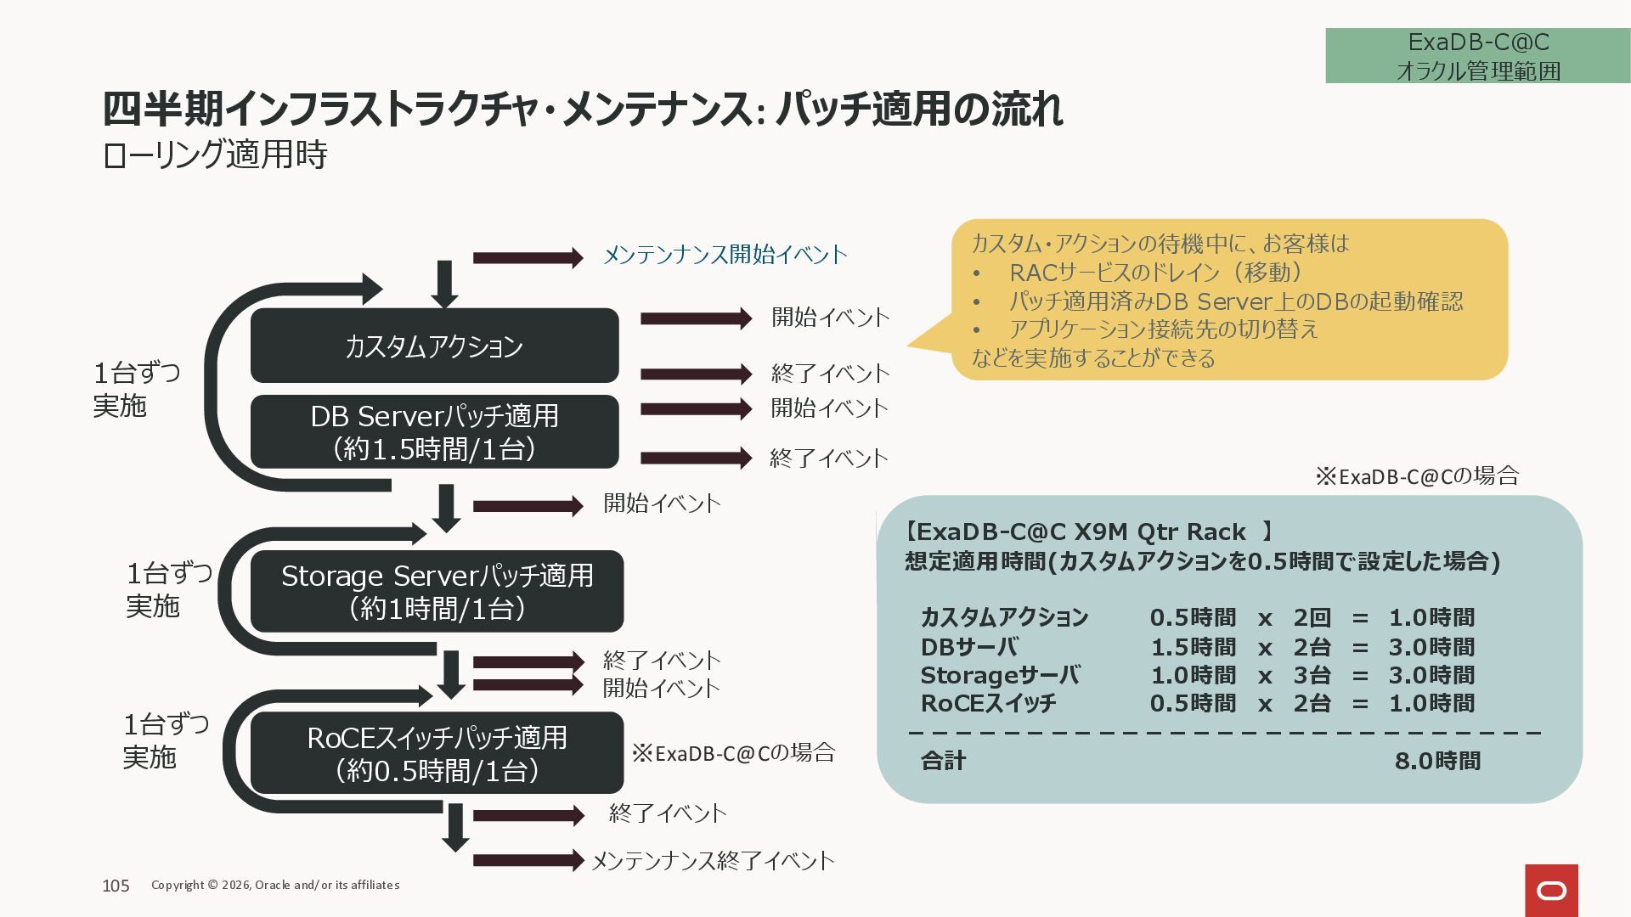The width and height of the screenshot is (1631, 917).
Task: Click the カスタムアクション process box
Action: tap(434, 346)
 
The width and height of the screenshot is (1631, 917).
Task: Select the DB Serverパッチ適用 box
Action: tap(434, 431)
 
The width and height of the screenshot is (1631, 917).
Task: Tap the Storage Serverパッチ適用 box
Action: tap(437, 591)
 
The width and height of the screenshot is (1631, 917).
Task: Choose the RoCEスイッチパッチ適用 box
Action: tap(437, 753)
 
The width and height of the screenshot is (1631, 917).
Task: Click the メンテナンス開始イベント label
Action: tap(725, 255)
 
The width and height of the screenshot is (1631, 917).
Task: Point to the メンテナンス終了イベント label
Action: tap(712, 861)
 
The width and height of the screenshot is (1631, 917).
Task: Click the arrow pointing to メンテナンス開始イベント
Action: tap(528, 257)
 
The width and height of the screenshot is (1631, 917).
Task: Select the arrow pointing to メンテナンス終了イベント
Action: tap(528, 860)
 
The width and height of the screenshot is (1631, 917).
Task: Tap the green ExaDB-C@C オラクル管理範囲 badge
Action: tap(1477, 56)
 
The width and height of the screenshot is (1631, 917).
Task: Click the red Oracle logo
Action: tap(1551, 891)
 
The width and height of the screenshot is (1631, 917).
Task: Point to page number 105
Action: tap(116, 886)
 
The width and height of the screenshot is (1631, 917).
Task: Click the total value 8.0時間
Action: tap(1437, 761)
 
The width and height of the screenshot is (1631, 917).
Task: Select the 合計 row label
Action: tap(943, 761)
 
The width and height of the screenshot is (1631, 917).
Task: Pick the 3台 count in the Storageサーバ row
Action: tap(1312, 675)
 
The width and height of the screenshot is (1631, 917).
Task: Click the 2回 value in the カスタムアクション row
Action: tap(1312, 617)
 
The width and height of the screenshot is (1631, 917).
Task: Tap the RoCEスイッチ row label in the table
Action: tap(988, 703)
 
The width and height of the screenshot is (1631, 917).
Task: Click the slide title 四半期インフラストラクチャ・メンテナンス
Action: tap(582, 110)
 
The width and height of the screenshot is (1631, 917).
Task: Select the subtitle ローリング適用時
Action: tap(214, 155)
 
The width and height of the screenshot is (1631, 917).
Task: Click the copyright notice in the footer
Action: tap(275, 885)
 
